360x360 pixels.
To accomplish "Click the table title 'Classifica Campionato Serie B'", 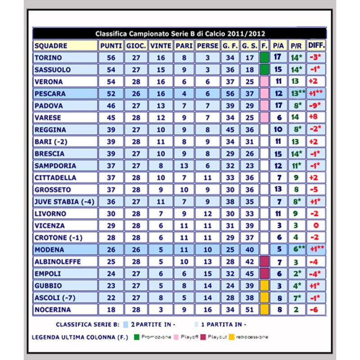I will [x=180, y=34].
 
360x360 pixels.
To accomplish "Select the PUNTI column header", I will [x=111, y=46].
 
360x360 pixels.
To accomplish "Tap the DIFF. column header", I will [x=316, y=46].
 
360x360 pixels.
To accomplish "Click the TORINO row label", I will [x=49, y=58].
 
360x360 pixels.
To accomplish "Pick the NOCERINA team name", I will [x=53, y=310].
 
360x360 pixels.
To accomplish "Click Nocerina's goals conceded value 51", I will [x=249, y=310].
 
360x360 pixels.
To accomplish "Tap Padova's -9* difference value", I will [x=316, y=106].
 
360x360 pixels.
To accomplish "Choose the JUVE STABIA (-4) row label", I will [x=64, y=202].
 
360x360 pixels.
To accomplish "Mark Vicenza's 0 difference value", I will [x=316, y=226].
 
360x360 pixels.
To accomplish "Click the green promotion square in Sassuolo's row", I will [x=264, y=70].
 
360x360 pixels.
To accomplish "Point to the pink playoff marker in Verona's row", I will [x=264, y=82].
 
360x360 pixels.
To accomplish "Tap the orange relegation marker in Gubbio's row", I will [x=264, y=286].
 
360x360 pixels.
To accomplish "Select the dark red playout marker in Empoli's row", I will [x=264, y=274].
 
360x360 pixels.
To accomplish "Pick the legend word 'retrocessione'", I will [x=252, y=337].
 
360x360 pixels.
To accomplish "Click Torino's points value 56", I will [x=111, y=58].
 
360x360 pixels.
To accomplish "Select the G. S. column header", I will [x=249, y=46].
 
